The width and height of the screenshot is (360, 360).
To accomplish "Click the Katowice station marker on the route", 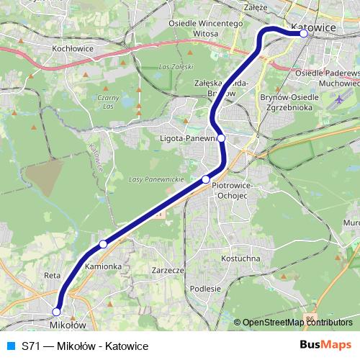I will pos(304,33).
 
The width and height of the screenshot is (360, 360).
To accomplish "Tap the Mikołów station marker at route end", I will pos(56,312).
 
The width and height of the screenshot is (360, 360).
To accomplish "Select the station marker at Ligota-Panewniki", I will pos(221,138).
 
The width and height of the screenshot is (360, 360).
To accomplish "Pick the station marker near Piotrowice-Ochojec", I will pos(206,179).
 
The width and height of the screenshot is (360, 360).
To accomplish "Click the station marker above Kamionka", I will pos(103,244).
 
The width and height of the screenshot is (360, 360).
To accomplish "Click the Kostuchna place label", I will pos(241,257).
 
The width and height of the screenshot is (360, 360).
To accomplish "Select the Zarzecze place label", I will pos(169,271).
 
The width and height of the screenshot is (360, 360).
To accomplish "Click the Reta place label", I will pos(52,276).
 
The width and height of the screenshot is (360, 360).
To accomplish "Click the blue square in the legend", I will pos(9,346).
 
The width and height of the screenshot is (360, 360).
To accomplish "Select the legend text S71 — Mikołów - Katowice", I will pos(85,346).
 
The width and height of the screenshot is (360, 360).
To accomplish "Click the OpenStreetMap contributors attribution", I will pos(297,322).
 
